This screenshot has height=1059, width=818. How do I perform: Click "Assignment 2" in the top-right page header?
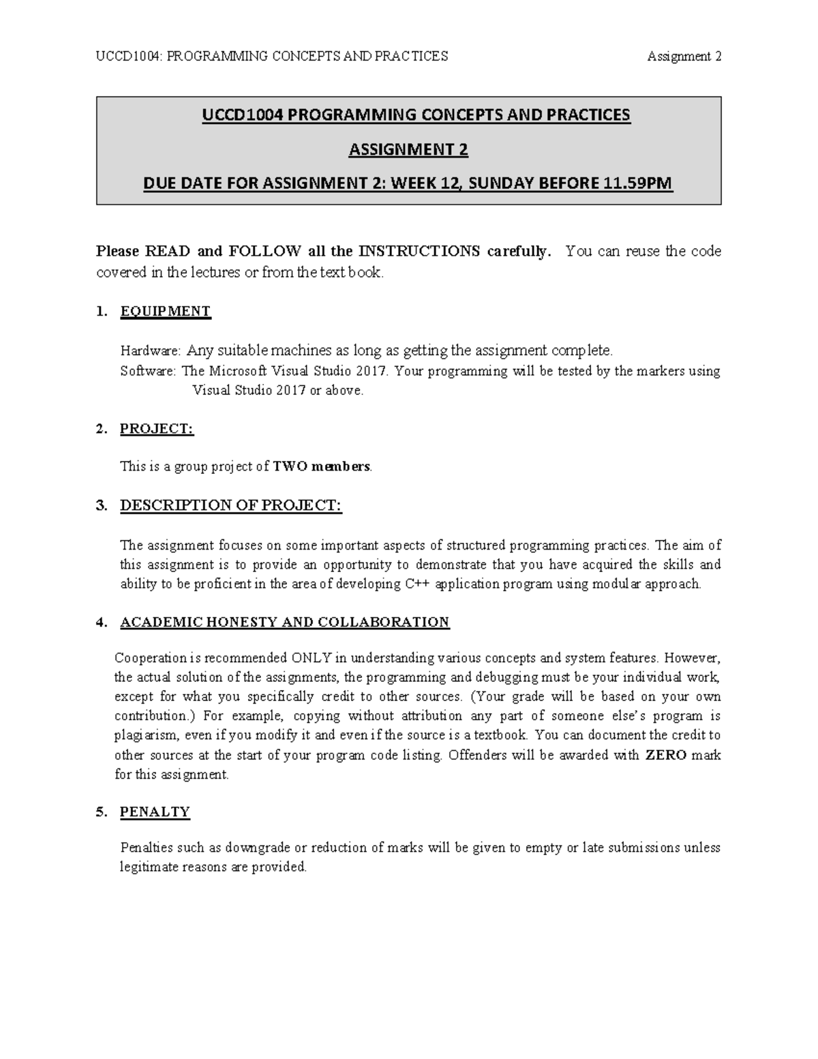(x=684, y=57)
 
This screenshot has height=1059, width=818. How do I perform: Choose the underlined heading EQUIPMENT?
(x=165, y=312)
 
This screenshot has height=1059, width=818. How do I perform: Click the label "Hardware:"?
(x=151, y=351)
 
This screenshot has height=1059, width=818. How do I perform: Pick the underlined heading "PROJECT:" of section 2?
(x=157, y=429)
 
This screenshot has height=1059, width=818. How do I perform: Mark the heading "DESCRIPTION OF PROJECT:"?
(x=230, y=506)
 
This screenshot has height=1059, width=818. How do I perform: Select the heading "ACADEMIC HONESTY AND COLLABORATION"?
(x=284, y=623)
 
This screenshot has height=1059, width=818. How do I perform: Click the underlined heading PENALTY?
(x=155, y=812)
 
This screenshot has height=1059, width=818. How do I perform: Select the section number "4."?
(x=102, y=623)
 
